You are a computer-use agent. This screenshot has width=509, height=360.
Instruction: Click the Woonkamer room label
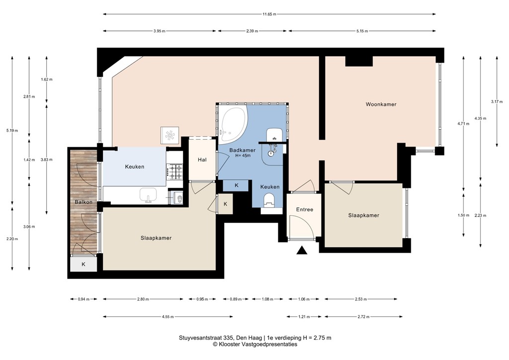click(381, 104)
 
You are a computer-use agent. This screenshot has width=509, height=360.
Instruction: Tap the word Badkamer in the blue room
click(243, 150)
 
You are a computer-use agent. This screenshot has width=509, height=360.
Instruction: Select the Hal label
click(202, 160)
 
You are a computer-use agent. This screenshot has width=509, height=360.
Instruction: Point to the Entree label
click(304, 209)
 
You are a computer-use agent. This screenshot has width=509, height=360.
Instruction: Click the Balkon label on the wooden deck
click(83, 202)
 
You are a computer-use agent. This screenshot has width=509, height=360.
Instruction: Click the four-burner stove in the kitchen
click(175, 172)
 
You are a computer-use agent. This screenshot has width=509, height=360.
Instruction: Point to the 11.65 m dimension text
click(268, 14)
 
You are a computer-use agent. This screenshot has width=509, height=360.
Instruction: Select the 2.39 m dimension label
click(252, 31)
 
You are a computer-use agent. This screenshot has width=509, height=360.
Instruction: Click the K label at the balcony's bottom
click(83, 264)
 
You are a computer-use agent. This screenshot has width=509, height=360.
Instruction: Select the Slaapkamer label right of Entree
click(363, 215)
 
